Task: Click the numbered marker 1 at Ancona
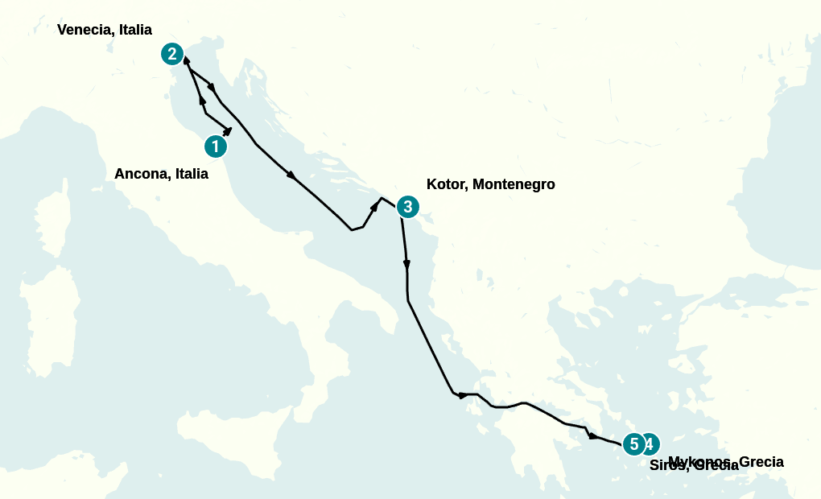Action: (215, 146)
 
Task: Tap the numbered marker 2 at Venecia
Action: (171, 54)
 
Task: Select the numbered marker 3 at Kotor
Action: (408, 207)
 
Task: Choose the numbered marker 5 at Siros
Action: (634, 444)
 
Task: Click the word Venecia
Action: (85, 30)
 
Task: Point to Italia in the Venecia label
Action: (134, 30)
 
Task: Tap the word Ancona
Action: (141, 174)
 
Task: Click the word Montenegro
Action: (514, 184)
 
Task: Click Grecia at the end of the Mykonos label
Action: (761, 462)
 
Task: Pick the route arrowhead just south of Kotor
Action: (406, 264)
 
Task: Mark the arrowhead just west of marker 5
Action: (593, 436)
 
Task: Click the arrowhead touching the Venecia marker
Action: (187, 60)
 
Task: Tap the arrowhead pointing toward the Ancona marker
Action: (229, 130)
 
